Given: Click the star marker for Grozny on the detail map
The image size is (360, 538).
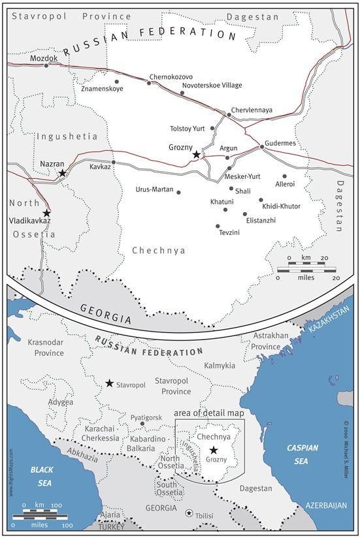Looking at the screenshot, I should [197, 155].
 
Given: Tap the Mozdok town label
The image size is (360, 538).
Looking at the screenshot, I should [44, 58].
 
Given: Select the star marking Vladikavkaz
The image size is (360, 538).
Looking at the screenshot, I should [46, 213].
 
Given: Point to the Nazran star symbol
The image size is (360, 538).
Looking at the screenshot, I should [62, 173].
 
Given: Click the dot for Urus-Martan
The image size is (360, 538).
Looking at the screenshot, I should [179, 192].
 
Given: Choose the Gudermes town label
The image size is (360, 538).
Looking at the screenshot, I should [280, 143].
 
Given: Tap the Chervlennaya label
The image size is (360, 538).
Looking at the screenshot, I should [252, 110].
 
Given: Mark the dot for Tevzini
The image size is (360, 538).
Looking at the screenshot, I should [218, 226].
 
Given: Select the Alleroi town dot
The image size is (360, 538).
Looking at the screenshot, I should [284, 176].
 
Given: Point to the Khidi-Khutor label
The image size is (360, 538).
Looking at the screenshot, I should [281, 206].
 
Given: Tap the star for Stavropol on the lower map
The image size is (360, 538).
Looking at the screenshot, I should [109, 383].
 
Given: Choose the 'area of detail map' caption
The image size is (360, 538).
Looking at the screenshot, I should [208, 413].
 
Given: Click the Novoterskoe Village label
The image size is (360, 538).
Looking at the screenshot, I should [212, 86].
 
